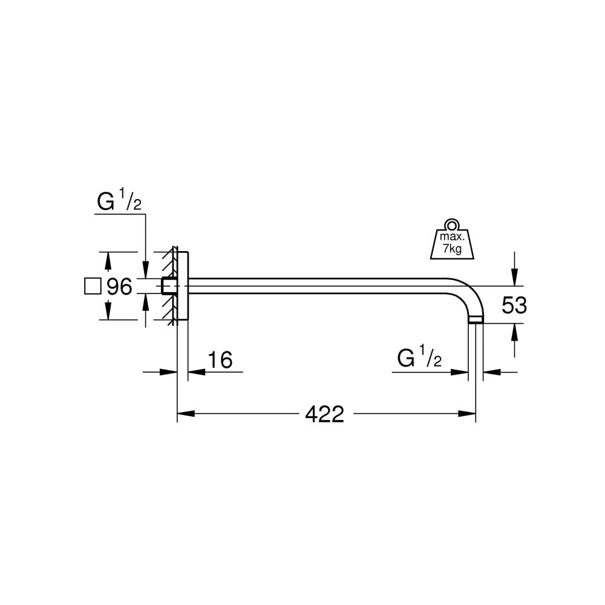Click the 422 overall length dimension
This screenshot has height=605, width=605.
tap(324, 414)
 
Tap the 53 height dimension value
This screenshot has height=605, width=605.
tap(514, 306)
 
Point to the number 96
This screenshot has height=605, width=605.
tap(119, 287)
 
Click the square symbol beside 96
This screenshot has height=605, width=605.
tap(93, 286)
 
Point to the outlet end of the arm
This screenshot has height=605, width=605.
tap(476, 321)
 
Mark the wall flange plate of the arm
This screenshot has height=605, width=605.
tap(182, 286)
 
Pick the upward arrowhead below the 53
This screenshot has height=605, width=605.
tap(514, 330)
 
